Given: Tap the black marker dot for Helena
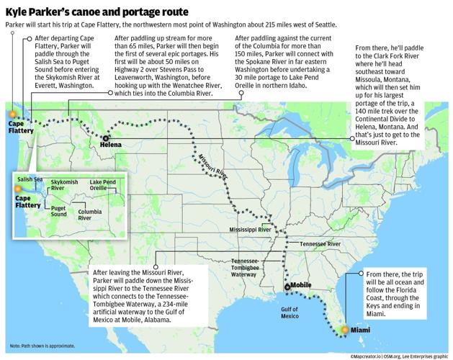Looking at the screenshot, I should pyautogui.click(x=107, y=138).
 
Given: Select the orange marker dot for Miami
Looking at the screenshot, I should pyautogui.click(x=344, y=329).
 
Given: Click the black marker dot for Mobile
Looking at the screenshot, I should pyautogui.click(x=287, y=287).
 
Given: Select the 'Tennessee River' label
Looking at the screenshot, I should pyautogui.click(x=319, y=244).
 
